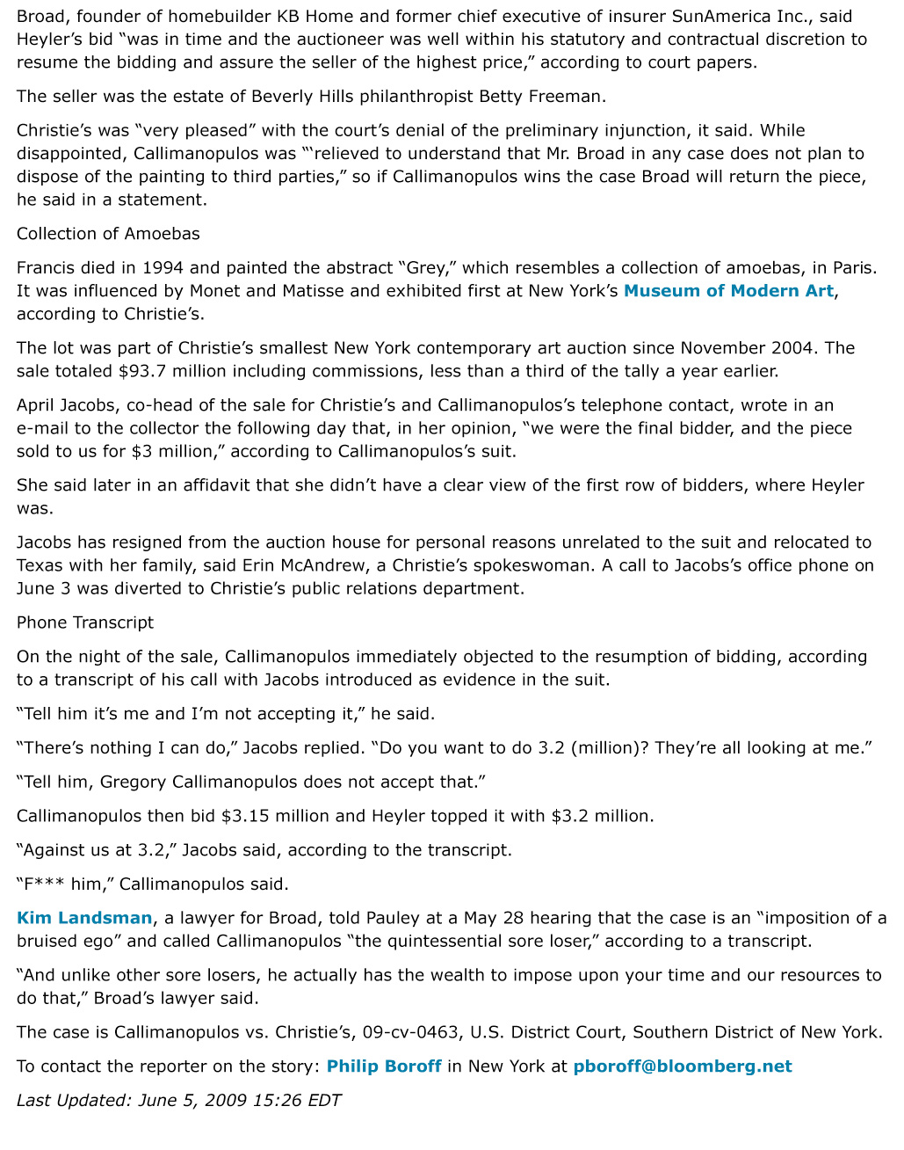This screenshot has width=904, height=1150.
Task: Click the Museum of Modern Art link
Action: point(728,291)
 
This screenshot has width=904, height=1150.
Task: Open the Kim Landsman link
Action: point(84,919)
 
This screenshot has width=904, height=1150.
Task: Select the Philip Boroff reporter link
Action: point(384,1067)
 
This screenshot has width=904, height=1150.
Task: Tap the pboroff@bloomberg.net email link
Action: point(683,1067)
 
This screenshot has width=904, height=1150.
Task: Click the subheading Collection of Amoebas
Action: point(108,234)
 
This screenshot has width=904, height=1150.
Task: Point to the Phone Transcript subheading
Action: point(85,623)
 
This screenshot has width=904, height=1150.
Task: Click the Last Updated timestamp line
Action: point(178,1101)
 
